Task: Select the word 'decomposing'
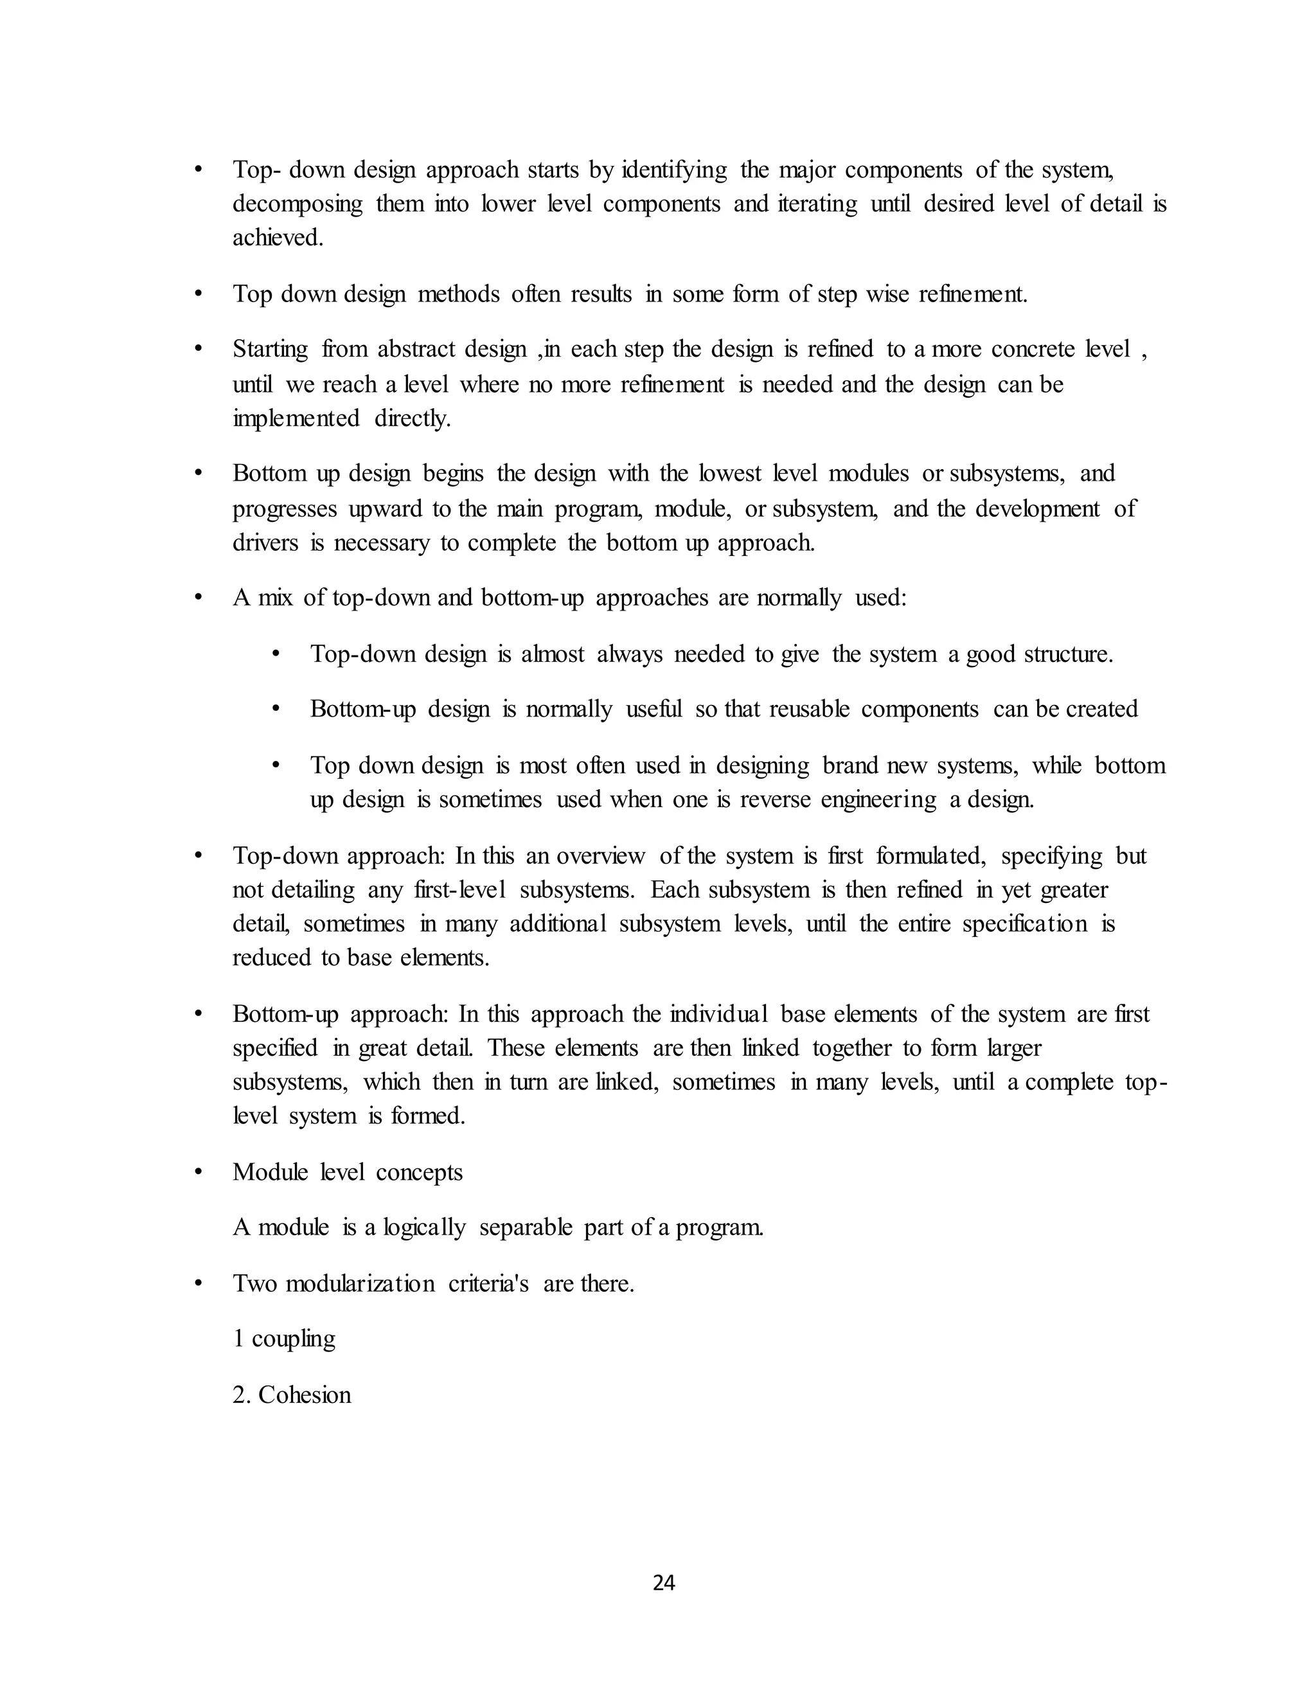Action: pyautogui.click(x=297, y=204)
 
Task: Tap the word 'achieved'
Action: pyautogui.click(x=277, y=237)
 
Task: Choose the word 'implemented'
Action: pyautogui.click(x=296, y=419)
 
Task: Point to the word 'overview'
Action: pyautogui.click(x=600, y=856)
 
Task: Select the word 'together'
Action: pyautogui.click(x=851, y=1048)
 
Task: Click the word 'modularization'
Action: pyautogui.click(x=360, y=1283)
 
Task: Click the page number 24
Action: pyautogui.click(x=663, y=1583)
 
